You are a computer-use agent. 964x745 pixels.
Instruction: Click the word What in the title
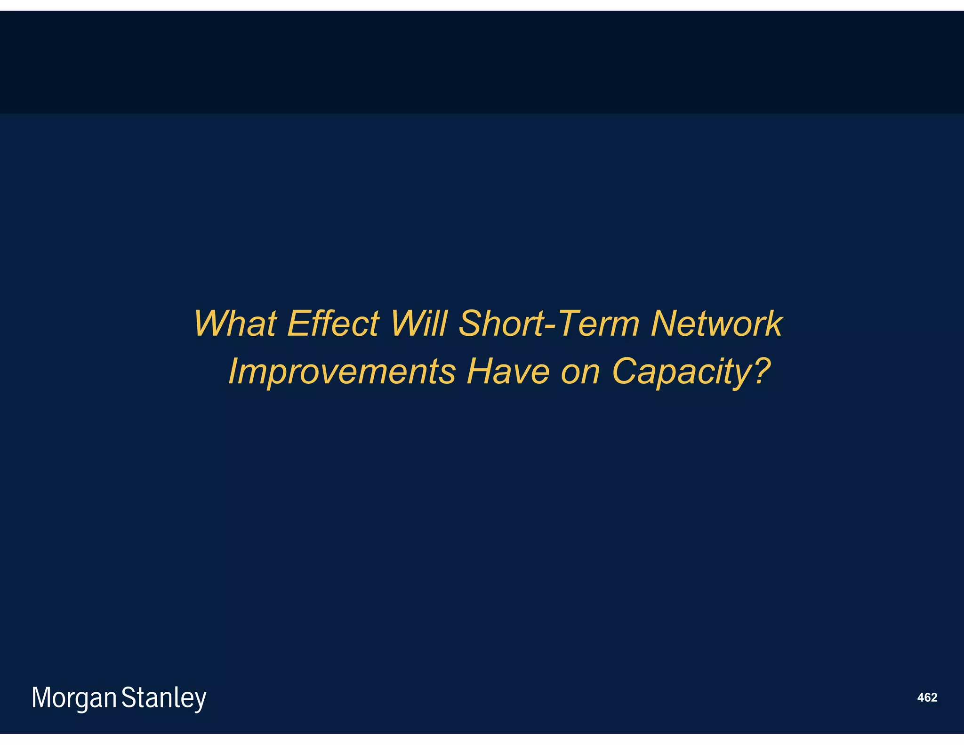(x=235, y=324)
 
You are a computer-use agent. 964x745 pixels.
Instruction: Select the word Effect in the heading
(x=333, y=324)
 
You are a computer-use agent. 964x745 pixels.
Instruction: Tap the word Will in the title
(x=418, y=324)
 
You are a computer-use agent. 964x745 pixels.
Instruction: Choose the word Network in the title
(x=716, y=324)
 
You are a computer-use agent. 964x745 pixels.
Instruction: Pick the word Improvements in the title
(x=342, y=372)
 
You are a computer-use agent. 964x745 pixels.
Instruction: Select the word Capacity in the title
(x=681, y=372)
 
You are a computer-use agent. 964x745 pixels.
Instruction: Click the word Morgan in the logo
(x=74, y=698)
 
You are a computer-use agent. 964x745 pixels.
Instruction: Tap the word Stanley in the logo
(x=164, y=698)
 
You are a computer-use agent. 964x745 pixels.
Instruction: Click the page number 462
(x=927, y=697)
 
